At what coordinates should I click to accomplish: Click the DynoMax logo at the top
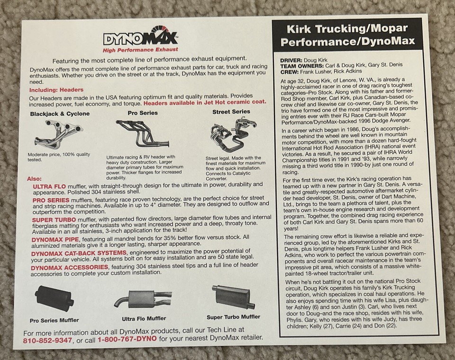[x=140, y=37]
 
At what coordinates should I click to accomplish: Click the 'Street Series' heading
[x=231, y=112]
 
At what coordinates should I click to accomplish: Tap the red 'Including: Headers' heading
[x=56, y=90]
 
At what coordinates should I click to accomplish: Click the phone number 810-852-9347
[x=47, y=340]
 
